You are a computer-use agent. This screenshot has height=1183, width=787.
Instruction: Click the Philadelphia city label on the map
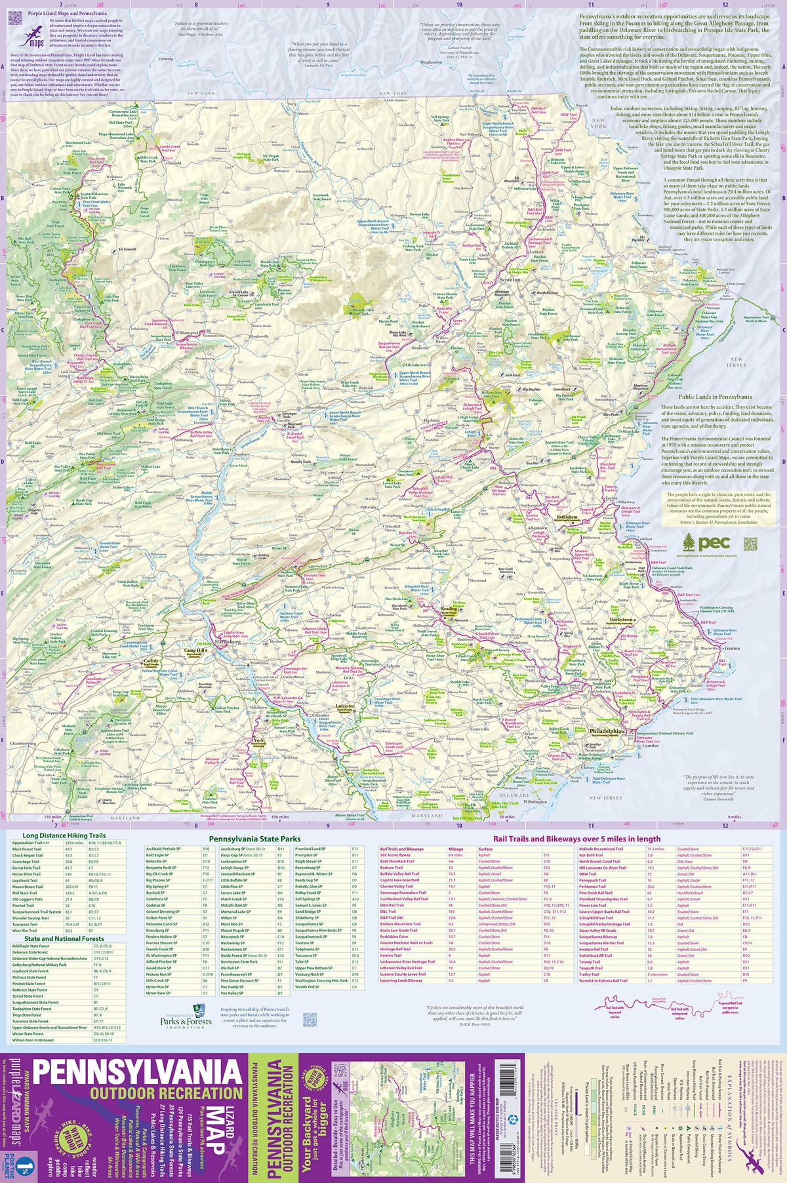tap(606, 730)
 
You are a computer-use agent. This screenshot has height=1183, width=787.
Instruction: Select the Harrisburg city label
tap(227, 643)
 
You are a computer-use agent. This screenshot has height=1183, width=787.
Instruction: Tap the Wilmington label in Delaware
tap(535, 801)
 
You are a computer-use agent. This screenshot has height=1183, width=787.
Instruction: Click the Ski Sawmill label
tap(127, 249)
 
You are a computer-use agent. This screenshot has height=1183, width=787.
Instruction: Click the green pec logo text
tap(714, 543)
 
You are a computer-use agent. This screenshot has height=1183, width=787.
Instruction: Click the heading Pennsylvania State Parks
tap(254, 839)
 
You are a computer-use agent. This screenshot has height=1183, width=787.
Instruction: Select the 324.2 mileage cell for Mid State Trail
tap(68, 892)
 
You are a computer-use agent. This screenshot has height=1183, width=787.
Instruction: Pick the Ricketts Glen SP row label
tap(308, 886)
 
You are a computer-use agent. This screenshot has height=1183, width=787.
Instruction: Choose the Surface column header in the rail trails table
tap(485, 849)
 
